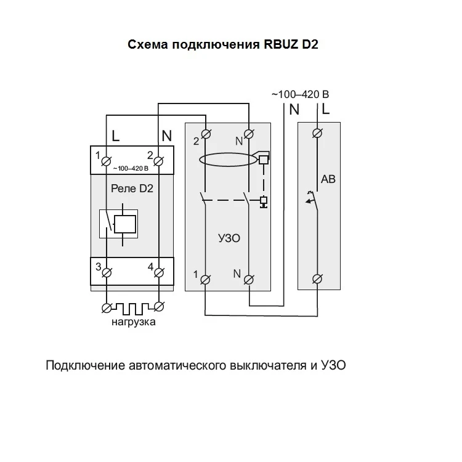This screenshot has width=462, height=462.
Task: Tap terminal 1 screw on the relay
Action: [x=106, y=161]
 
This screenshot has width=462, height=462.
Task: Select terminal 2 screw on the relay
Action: [x=158, y=161]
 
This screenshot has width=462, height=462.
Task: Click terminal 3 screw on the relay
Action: [x=106, y=272]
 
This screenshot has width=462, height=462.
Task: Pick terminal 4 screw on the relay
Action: [x=158, y=272]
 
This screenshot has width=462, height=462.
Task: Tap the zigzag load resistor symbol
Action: [x=132, y=306]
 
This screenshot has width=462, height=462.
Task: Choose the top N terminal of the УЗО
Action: [x=249, y=134]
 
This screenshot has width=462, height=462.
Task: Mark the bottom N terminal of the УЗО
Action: [x=249, y=279]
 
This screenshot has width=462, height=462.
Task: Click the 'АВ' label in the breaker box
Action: [x=328, y=180]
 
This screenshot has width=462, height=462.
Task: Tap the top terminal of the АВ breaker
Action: [x=318, y=133]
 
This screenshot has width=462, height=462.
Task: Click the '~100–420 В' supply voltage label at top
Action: [x=300, y=95]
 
